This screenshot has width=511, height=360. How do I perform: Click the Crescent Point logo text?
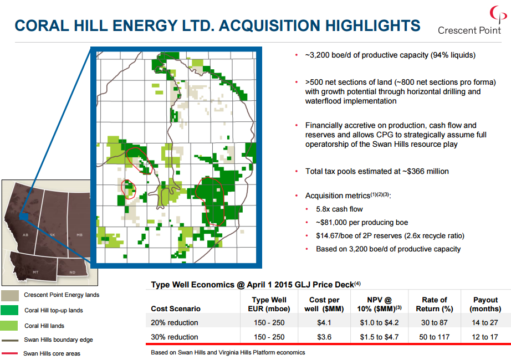(469, 30)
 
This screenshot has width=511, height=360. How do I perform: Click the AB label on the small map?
(25, 235)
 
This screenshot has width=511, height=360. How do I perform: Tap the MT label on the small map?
(35, 272)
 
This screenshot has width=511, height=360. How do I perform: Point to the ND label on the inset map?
(73, 272)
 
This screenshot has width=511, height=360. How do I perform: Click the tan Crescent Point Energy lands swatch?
(10, 296)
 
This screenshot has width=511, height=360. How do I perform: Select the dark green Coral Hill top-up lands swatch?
(9, 310)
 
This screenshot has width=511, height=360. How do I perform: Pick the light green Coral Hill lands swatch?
(9, 326)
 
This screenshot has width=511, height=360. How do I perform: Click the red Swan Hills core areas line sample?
(9, 353)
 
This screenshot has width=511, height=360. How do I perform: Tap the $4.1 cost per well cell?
(324, 322)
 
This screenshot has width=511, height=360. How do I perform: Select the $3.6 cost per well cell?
(324, 337)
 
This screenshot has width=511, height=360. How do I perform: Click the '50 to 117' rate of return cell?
(434, 337)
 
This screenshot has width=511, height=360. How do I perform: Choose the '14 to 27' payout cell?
(484, 322)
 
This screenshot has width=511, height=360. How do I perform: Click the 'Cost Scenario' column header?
(176, 308)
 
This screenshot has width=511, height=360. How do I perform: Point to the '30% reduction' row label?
(175, 337)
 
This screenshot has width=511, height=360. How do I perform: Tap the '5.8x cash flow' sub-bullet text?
(339, 209)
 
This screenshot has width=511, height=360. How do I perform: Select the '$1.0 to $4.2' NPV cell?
(379, 322)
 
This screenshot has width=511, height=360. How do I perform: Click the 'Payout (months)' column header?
(485, 304)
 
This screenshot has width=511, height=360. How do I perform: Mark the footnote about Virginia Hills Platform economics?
(228, 352)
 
